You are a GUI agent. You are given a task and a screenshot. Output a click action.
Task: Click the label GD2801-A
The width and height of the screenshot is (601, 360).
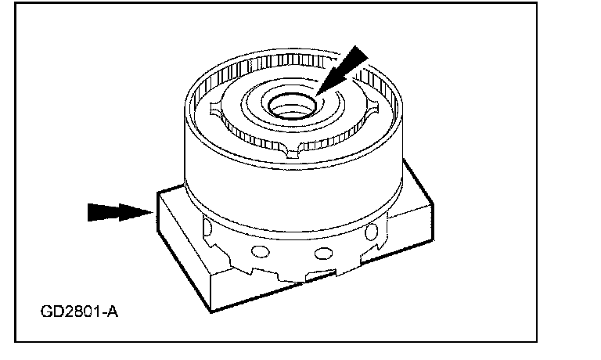click(x=78, y=313)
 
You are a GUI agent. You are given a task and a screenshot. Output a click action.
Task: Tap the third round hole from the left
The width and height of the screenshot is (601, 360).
click(x=321, y=254)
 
